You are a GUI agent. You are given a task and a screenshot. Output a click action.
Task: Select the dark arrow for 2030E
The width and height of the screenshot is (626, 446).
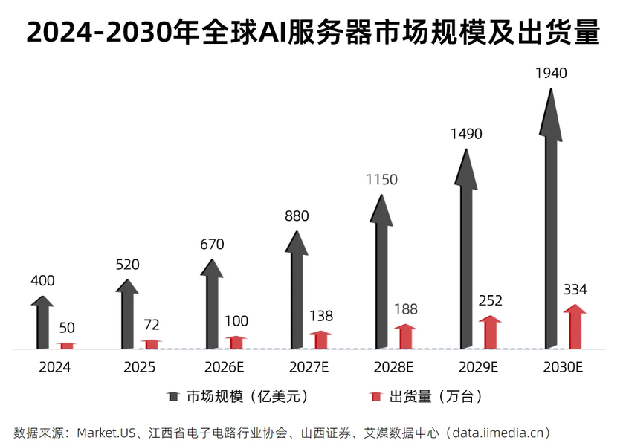551,223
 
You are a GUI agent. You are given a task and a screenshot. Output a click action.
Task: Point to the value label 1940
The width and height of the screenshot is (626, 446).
551,73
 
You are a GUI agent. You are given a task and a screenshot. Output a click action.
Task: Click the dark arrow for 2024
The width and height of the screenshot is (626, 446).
42,323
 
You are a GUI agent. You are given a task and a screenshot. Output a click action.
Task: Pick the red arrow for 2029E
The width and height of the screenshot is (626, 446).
490,332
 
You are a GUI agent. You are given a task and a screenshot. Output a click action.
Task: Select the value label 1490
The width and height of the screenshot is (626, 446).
466,134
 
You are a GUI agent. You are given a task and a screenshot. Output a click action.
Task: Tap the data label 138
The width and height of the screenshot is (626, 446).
321,316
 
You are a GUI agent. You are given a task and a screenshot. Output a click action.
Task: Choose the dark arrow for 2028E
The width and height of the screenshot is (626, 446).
381,275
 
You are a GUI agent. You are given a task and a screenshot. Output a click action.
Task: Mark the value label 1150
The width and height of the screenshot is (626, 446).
381,180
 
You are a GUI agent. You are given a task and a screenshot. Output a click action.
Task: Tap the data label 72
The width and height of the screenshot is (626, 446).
152,325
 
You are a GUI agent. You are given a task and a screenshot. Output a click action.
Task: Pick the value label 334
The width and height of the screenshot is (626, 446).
575,289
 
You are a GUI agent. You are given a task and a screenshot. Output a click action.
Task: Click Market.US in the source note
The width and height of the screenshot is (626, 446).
107,432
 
